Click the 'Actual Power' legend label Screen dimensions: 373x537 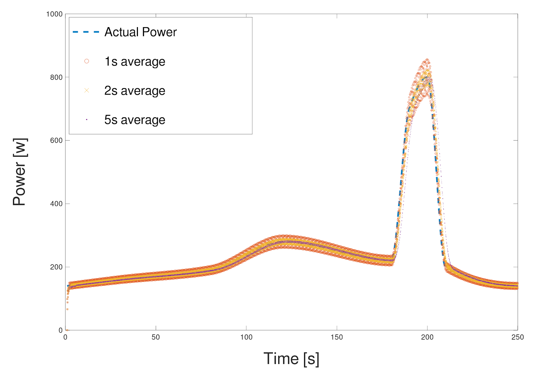[140, 32]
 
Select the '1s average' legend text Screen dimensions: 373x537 [135, 62]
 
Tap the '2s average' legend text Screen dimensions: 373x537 [135, 91]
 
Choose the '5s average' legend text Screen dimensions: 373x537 [135, 120]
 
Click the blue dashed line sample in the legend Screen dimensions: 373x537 [86, 32]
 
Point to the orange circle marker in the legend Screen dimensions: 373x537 [87, 61]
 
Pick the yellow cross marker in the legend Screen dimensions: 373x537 [87, 90]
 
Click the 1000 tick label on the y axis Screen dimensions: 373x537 [54, 14]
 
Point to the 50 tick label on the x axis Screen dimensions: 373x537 [156, 337]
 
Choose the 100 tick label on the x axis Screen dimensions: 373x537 [246, 337]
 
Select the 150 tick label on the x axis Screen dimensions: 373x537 [337, 337]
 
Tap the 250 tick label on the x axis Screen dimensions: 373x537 [518, 337]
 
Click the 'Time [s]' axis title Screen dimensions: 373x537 [291, 359]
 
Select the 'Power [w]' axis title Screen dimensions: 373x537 [19, 172]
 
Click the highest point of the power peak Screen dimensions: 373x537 [427, 60]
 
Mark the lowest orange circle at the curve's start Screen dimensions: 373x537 [67, 330]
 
